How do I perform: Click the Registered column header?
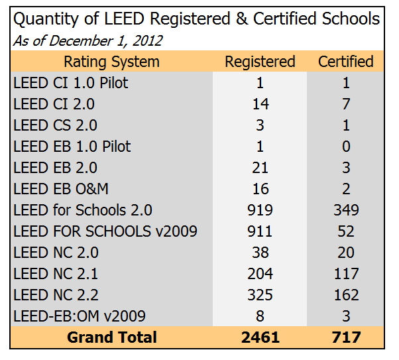260,62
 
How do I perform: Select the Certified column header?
345,62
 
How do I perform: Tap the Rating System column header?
111,62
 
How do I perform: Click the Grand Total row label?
111,337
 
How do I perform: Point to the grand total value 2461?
260,337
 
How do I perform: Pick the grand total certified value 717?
345,337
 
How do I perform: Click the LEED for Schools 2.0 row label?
83,210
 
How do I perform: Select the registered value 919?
260,210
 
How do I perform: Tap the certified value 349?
345,210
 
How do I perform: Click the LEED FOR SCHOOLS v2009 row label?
105,231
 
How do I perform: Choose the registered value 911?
260,231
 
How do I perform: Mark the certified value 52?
345,231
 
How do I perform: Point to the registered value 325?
260,294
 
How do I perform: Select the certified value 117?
345,273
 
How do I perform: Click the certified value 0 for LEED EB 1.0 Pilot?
345,147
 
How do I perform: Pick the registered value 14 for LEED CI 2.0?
260,104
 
